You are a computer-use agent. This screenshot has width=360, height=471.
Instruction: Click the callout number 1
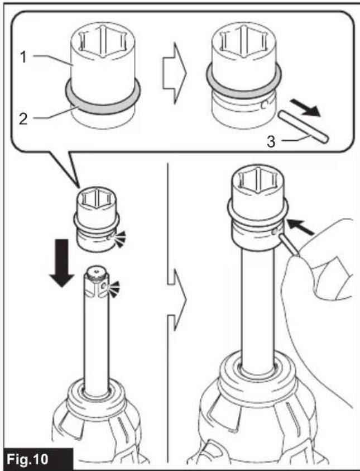click(x=23, y=57)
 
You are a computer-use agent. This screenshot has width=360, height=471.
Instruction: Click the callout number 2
click(x=23, y=118)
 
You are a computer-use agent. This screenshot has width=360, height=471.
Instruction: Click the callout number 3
click(x=271, y=141)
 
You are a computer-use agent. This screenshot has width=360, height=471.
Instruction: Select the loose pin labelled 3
click(x=303, y=126)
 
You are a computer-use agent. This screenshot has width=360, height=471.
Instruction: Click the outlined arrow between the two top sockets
click(x=174, y=73)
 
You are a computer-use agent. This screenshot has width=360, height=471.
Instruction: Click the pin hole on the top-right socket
click(x=265, y=105)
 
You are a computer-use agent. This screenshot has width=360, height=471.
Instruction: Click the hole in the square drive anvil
click(x=103, y=287)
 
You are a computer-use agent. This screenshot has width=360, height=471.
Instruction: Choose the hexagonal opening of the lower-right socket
click(x=258, y=180)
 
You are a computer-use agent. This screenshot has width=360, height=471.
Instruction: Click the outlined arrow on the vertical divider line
click(x=177, y=299)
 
